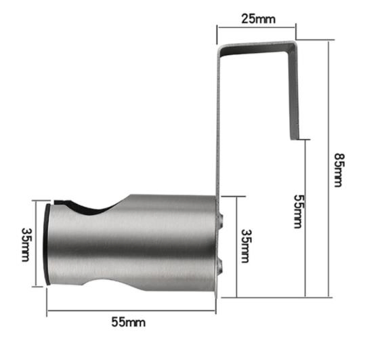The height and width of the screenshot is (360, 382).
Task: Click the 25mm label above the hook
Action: (x=258, y=19)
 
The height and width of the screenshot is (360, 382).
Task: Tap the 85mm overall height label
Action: (x=339, y=169)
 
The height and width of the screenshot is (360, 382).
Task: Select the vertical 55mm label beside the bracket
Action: (x=297, y=210)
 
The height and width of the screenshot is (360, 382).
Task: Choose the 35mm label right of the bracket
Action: (x=247, y=245)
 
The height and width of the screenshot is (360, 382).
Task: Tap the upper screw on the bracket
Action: (x=221, y=217)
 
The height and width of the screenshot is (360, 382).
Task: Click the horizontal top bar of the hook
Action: (x=257, y=46)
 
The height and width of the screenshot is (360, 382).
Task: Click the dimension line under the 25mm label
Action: (x=257, y=27)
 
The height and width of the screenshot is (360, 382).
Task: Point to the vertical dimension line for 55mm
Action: (x=305, y=217)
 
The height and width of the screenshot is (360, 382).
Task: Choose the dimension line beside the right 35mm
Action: (x=235, y=245)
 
